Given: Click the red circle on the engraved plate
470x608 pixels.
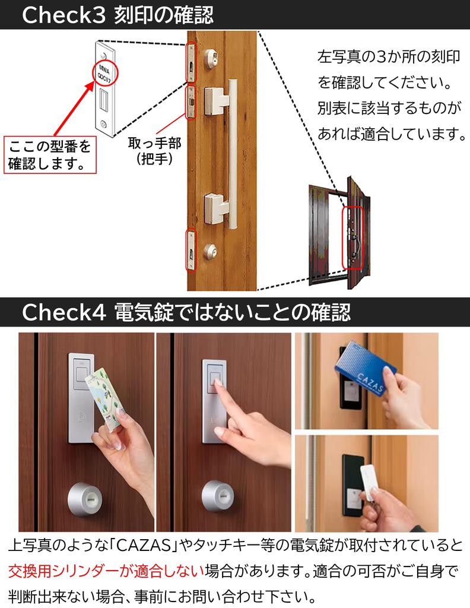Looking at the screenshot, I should coord(105,72).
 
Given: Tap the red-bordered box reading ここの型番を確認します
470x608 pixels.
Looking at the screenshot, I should coord(50,154).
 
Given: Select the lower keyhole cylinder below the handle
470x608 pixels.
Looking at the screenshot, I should coord(210,249).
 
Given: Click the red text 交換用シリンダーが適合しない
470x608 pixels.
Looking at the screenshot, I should coord(106,571).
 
